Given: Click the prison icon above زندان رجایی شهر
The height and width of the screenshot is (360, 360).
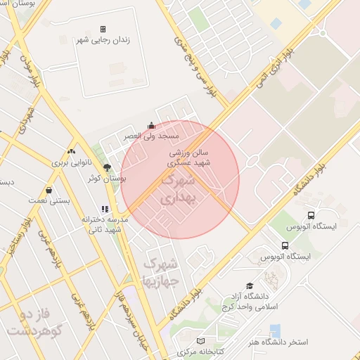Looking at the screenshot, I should point(103,30).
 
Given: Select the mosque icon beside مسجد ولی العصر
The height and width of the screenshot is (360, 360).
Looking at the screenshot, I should point(151,126).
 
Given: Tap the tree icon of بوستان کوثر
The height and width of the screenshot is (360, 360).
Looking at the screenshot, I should point(107,167).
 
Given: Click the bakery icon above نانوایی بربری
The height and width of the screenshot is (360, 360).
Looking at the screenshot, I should point(71,151).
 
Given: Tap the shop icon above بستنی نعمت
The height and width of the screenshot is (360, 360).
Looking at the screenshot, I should point(49,190).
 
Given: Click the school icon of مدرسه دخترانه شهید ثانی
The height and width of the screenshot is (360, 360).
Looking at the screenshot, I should point(105,209).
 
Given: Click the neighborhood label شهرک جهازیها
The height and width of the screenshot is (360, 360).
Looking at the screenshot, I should point(161,271).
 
